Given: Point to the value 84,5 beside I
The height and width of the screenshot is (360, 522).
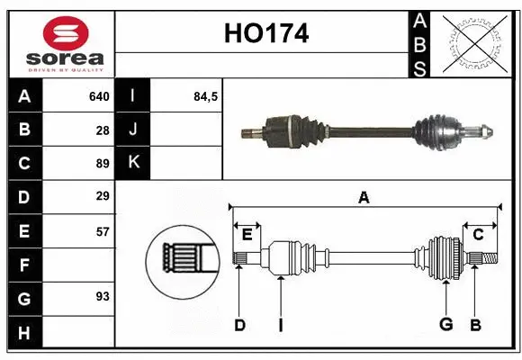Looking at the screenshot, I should coord(206,95).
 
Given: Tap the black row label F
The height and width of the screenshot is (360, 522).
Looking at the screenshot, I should coord(23,265).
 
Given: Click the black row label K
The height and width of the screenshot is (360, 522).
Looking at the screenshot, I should coord(133,163).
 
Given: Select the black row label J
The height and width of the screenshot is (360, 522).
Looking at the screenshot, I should coord(133,130).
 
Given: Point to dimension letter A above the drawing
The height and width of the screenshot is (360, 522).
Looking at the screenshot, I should coord(364,197).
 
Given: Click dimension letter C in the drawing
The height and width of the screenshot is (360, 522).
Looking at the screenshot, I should coord(478,234).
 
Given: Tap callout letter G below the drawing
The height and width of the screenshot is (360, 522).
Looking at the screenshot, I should coord(445,325).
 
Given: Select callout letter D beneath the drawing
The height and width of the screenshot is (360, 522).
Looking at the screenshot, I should coord(239,325).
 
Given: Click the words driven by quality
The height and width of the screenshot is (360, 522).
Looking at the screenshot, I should coord(66,68).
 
